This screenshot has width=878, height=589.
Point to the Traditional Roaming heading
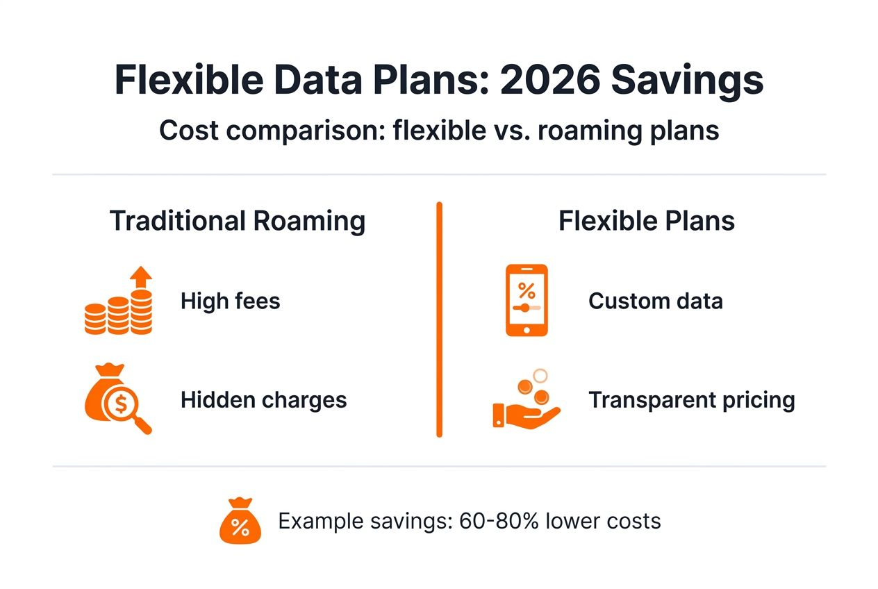click(238, 222)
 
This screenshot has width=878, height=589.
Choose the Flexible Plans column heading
click(647, 222)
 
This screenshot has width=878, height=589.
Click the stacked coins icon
click(117, 314)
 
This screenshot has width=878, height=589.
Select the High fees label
click(230, 301)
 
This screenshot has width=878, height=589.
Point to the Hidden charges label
click(263, 400)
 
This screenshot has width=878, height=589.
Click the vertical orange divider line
click(439, 320)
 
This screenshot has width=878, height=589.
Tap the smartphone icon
click(527, 301)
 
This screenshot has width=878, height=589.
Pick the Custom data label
click(655, 301)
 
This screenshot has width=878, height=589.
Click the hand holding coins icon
click(527, 403)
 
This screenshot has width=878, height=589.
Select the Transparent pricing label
click(691, 400)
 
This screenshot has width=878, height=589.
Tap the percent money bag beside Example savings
click(239, 522)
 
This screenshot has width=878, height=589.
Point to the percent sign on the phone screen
click(527, 290)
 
